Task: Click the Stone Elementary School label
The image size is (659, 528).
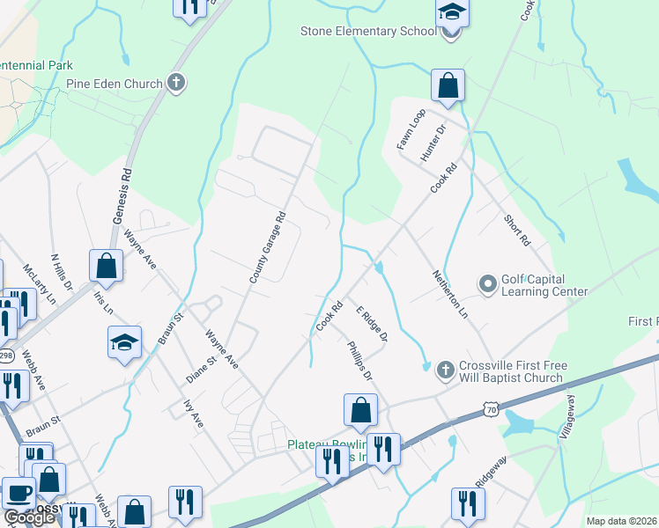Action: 368,32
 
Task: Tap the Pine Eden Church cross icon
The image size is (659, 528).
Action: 176,84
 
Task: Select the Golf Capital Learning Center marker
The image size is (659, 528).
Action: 487,284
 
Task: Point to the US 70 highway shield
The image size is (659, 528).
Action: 491,409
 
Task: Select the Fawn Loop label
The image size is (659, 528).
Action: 411,129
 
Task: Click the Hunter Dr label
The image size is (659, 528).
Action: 433,142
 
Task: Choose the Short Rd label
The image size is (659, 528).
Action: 517,230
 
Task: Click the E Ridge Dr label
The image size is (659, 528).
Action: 372,324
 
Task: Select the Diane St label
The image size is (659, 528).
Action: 202,370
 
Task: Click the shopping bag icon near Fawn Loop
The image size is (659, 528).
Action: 448,86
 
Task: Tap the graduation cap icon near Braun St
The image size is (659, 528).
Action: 124,343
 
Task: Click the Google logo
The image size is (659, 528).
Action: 29,517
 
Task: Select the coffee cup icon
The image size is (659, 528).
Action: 19,495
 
